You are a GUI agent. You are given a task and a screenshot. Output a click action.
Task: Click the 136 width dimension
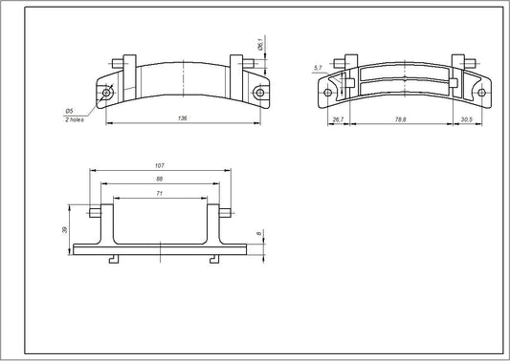(x=182, y=118)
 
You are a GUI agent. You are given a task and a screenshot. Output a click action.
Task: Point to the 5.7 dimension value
(x=317, y=68)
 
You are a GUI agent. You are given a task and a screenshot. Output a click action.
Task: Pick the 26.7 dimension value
(x=337, y=119)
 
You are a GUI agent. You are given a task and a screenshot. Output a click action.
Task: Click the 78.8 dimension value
(x=398, y=119)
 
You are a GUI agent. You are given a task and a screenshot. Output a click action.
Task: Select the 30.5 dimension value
(x=466, y=119)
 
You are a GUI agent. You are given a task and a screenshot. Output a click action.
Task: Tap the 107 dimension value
(x=159, y=165)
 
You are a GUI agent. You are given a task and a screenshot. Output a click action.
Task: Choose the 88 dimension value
(x=159, y=179)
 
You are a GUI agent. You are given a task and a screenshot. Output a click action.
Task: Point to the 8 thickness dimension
(x=259, y=232)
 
